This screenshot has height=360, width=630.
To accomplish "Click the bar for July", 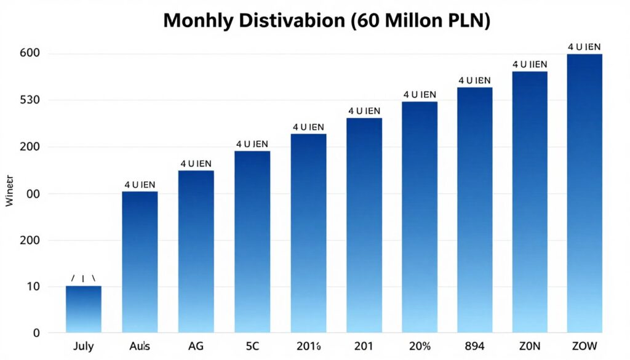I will point(83,309).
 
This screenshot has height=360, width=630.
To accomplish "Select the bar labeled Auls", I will point(140,262).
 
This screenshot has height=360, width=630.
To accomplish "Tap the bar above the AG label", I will point(196,251).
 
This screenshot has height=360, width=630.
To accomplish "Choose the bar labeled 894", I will point(474,209).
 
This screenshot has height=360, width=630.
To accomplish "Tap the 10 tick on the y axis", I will point(33,286).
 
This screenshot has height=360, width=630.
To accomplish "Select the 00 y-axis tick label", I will point(33,194).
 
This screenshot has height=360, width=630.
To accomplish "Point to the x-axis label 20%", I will point(419,346).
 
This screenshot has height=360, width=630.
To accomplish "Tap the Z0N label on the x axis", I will point(530,346).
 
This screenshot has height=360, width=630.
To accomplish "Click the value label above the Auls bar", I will point(140,184).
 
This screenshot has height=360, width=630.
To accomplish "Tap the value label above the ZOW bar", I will point(584,47).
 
